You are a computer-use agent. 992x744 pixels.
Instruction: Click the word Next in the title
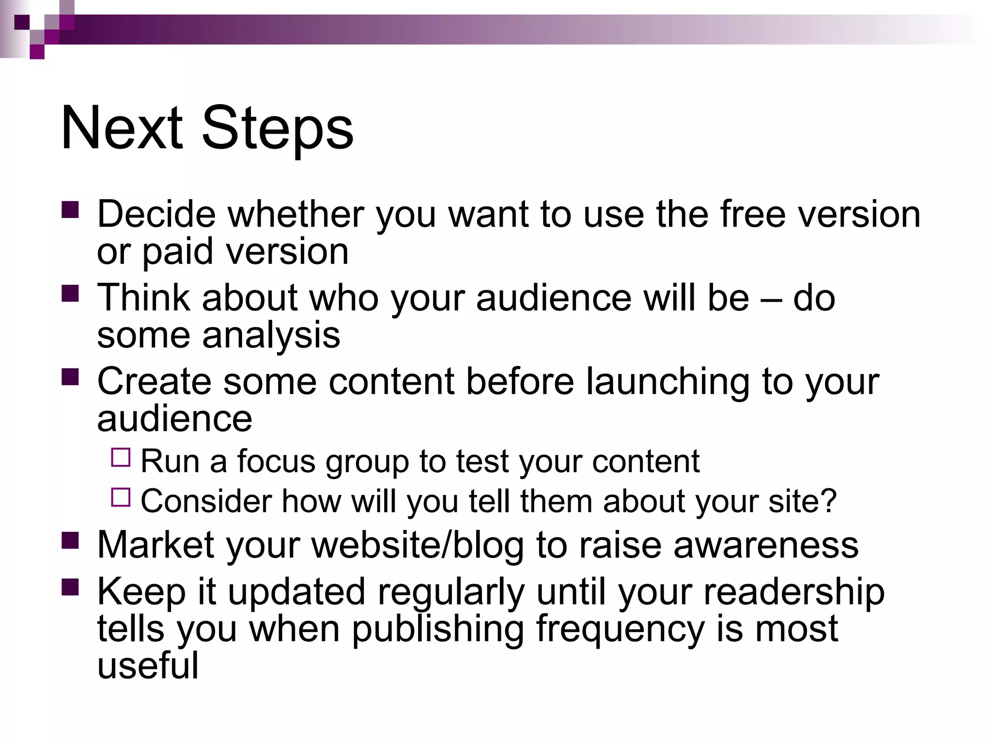122,128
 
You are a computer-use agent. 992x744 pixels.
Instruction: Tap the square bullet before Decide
70,210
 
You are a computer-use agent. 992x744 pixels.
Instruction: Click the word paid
177,252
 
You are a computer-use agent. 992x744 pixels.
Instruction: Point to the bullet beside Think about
70,294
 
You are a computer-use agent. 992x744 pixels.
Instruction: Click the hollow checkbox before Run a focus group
121,457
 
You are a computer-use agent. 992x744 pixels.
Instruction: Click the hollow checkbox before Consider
121,497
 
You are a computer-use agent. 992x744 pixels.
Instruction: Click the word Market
156,545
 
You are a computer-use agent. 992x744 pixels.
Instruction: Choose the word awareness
766,545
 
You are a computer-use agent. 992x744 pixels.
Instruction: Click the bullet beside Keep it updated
70,587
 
